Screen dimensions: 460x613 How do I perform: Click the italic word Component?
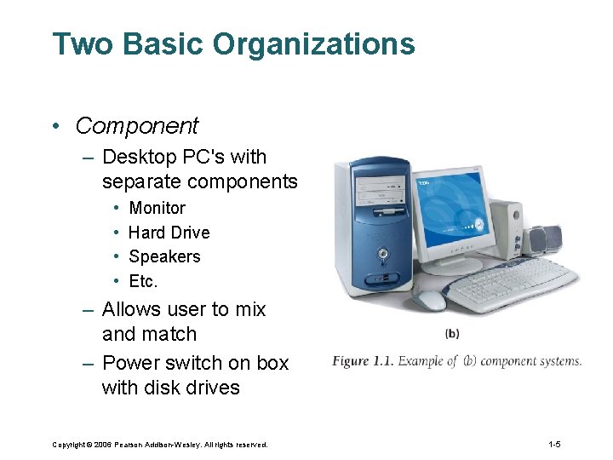(x=137, y=126)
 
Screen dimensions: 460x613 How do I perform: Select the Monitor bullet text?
(x=157, y=208)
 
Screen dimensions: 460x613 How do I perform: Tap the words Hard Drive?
(x=169, y=233)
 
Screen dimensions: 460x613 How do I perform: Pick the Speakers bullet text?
(x=164, y=256)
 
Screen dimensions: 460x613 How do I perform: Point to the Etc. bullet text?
(x=143, y=281)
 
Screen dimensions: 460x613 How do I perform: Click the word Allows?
(x=132, y=309)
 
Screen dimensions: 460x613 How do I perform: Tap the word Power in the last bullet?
(x=130, y=363)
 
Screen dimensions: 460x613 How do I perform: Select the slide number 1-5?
(x=553, y=445)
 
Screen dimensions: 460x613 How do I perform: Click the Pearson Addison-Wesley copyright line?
(x=159, y=445)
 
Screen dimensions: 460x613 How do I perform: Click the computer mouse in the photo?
(x=432, y=300)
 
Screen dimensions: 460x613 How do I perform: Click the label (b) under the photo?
(x=452, y=333)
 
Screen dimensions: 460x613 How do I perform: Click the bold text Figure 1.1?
(x=363, y=361)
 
